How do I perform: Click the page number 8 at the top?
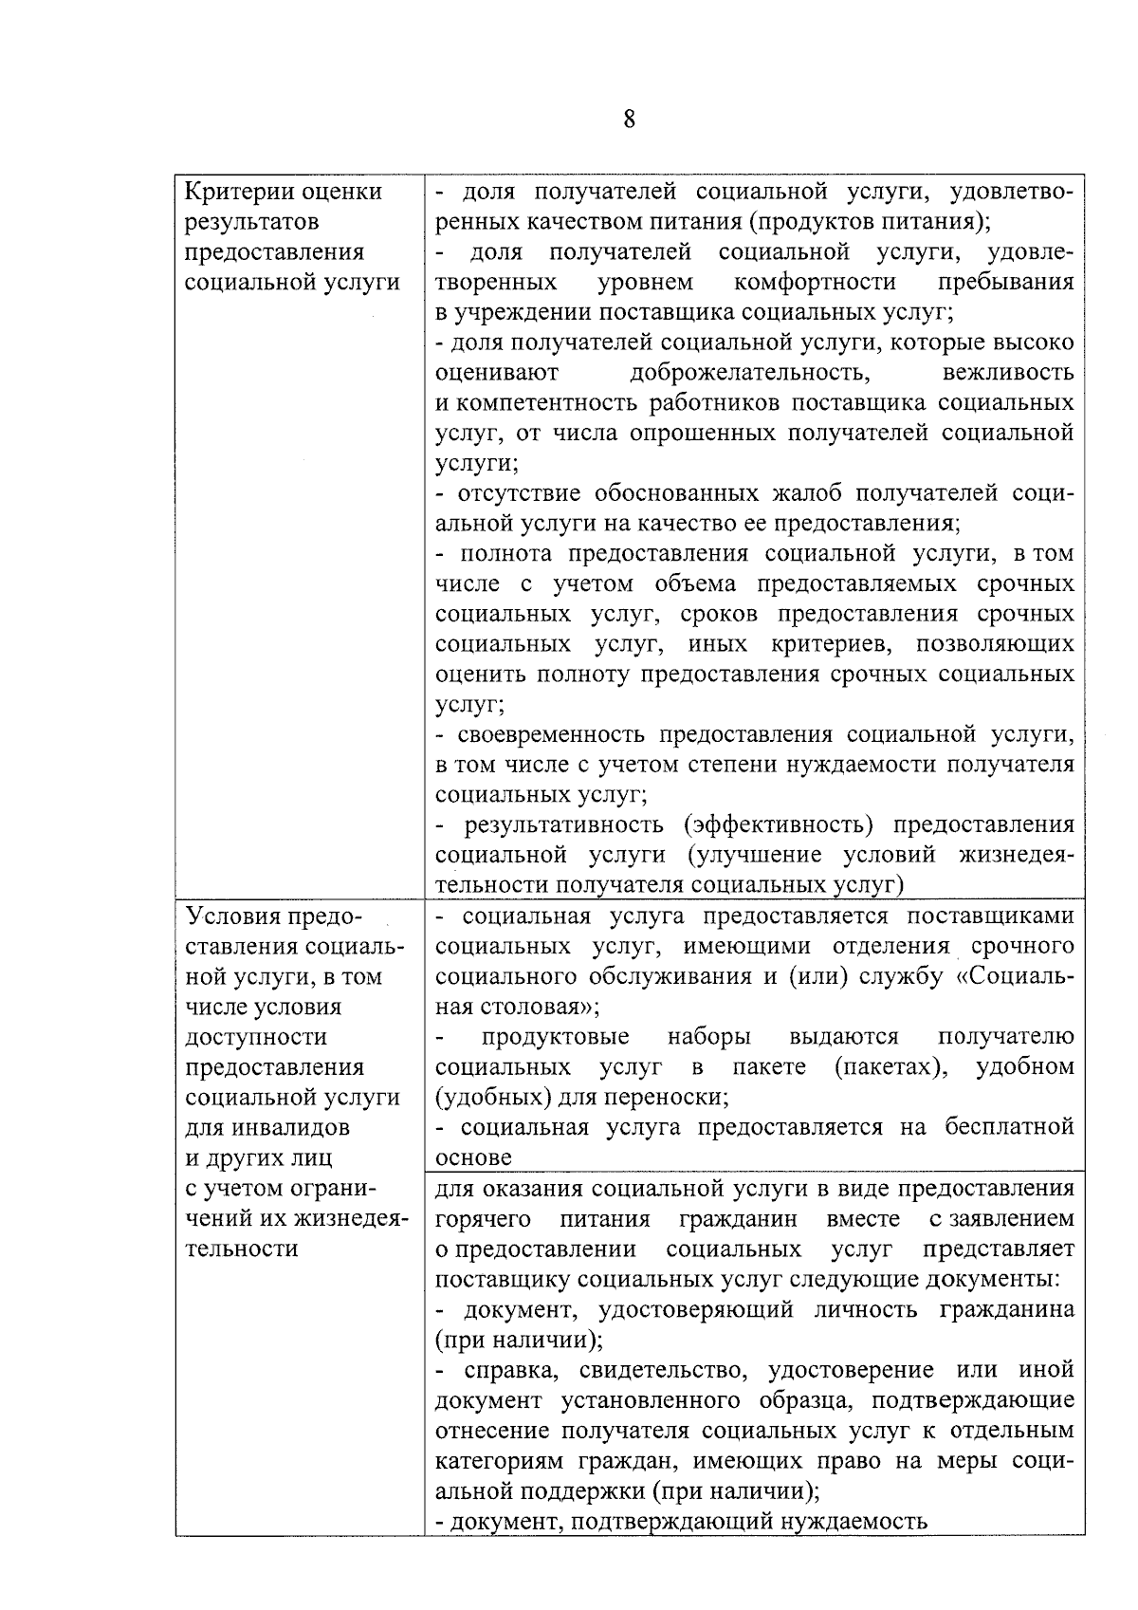pos(629,120)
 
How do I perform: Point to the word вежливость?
pos(1008,372)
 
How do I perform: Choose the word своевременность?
pos(551,734)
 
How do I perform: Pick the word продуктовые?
pos(555,1036)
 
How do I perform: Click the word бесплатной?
pos(1009,1127)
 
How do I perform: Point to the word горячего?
pos(482,1218)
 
